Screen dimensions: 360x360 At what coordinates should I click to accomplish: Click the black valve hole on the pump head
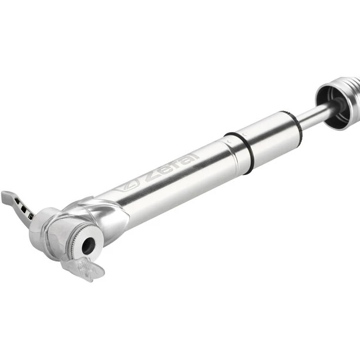pyautogui.click(x=89, y=245)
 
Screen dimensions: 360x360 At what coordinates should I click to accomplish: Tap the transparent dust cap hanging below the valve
pyautogui.click(x=83, y=268)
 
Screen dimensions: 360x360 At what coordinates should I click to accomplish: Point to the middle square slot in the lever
pyautogui.click(x=23, y=208)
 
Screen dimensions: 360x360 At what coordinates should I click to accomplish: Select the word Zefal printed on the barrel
pyautogui.click(x=171, y=166)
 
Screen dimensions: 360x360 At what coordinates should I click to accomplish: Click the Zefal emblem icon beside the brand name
pyautogui.click(x=127, y=186)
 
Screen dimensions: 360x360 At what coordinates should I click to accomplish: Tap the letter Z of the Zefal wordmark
pyautogui.click(x=152, y=176)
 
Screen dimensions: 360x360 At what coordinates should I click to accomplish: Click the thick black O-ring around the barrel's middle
pyautogui.click(x=239, y=153)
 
